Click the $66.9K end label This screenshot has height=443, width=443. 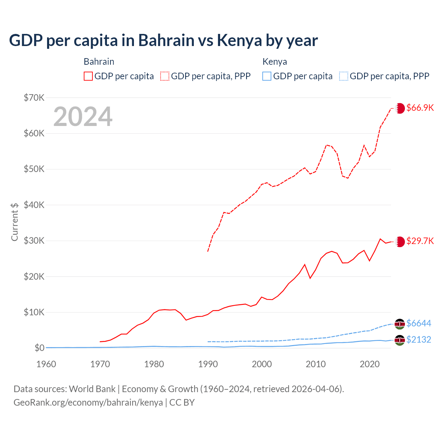click(420, 108)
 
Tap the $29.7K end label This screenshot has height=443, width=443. click(420, 241)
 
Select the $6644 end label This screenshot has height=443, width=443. click(418, 323)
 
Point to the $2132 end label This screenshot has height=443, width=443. click(418, 340)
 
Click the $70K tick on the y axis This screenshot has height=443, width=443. click(34, 98)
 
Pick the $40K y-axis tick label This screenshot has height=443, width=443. click(34, 205)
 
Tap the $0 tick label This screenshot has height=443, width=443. click(39, 348)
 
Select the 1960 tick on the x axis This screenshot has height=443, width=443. click(46, 364)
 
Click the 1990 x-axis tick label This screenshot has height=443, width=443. click(208, 364)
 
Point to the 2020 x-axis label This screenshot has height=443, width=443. click(370, 364)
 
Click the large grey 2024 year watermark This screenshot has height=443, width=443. click(83, 117)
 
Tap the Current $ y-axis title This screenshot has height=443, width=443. click(15, 222)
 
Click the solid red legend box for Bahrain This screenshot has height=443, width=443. click(88, 76)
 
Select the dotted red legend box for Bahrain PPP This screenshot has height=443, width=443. click(165, 76)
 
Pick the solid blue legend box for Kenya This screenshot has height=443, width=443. click(267, 76)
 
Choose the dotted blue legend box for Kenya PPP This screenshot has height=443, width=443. click(344, 76)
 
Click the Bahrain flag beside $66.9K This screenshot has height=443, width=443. click(400, 108)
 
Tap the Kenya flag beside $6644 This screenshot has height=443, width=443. click(400, 324)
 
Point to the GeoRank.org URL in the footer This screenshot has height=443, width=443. click(88, 403)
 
